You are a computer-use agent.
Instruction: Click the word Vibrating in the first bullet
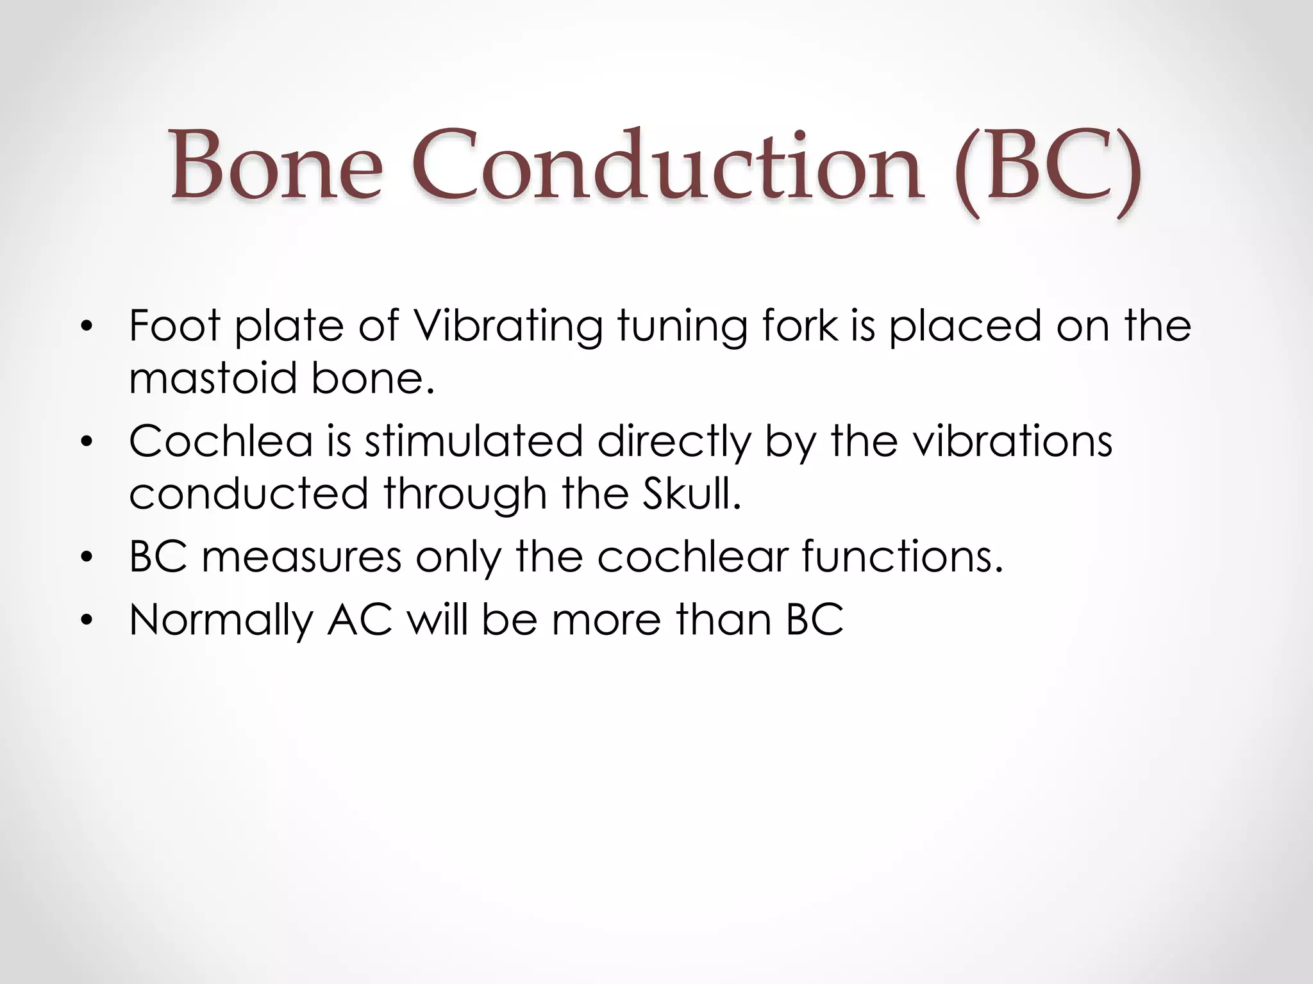[x=507, y=326]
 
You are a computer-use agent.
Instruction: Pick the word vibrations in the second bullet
[x=1012, y=441]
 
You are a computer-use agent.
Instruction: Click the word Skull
[x=692, y=494]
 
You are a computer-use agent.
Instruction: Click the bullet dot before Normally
[x=87, y=621]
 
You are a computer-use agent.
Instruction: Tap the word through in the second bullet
[x=465, y=495]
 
